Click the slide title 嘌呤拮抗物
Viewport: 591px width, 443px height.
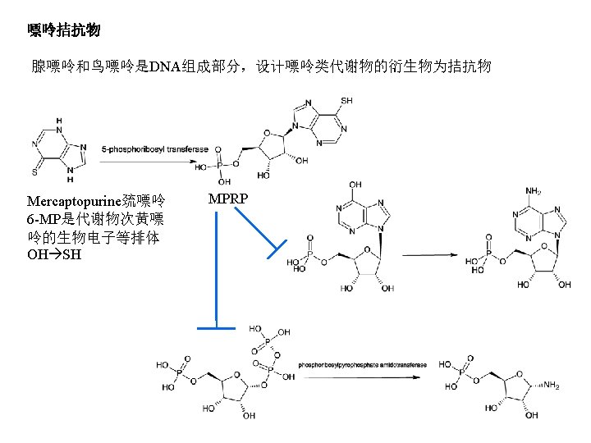(x=64, y=31)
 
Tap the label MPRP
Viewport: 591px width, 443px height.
(x=228, y=199)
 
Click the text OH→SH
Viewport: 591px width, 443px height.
(x=54, y=254)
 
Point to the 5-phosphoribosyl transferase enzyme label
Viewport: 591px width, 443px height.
(x=155, y=149)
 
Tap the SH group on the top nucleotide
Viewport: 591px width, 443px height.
(x=347, y=100)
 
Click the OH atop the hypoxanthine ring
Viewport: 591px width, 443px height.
(x=354, y=185)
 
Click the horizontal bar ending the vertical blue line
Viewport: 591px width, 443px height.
(x=216, y=329)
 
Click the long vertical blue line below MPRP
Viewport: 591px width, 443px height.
(x=216, y=271)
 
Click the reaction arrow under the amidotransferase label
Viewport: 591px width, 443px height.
(x=361, y=377)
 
